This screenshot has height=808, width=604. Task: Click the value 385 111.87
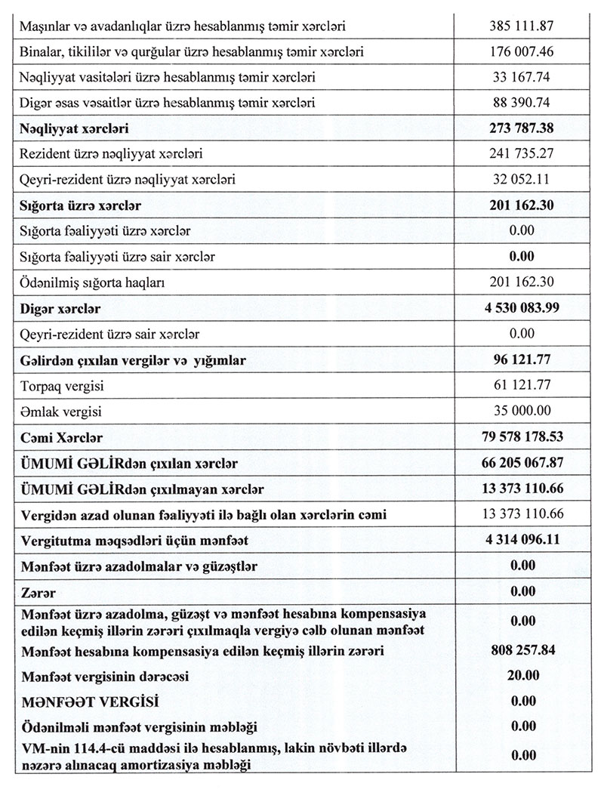pos(522,26)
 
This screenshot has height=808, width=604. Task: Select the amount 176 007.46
pos(522,51)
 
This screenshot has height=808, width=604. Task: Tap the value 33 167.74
pos(522,77)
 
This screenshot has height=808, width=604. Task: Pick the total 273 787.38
pos(522,128)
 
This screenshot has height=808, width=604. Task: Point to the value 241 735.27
pos(522,154)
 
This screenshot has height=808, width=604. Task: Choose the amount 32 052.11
pos(522,180)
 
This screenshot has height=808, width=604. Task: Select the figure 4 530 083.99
pos(522,308)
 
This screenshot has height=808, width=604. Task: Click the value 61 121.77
pos(522,386)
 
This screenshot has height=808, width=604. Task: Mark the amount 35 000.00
pos(522,412)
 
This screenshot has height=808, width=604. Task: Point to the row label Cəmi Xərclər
pos(63,438)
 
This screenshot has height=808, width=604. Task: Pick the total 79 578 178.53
pos(522,437)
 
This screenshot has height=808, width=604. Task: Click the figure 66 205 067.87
pos(522,463)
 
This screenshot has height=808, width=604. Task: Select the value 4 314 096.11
pos(522,540)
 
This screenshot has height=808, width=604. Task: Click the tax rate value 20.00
pos(522,675)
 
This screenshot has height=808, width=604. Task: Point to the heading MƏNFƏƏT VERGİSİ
pos(90,702)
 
